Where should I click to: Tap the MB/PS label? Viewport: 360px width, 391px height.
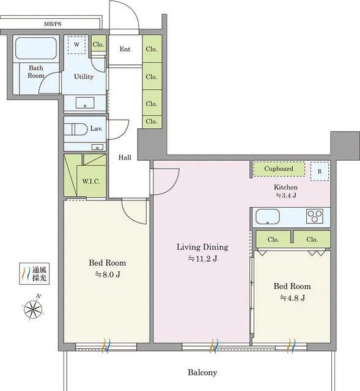[53, 24]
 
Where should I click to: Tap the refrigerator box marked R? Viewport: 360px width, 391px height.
[319, 171]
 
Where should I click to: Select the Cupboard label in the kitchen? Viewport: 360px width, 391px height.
[279, 169]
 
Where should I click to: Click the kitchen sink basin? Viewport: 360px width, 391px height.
[267, 217]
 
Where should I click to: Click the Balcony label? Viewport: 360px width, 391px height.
[202, 372]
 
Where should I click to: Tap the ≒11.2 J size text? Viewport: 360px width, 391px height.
[202, 259]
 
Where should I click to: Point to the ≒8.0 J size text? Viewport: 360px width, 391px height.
[107, 274]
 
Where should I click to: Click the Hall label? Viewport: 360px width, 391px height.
[125, 158]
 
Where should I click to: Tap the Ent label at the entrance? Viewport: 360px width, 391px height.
[125, 49]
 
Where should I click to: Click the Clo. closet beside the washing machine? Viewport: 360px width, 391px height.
[98, 45]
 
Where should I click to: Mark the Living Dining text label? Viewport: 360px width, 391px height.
[202, 247]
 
